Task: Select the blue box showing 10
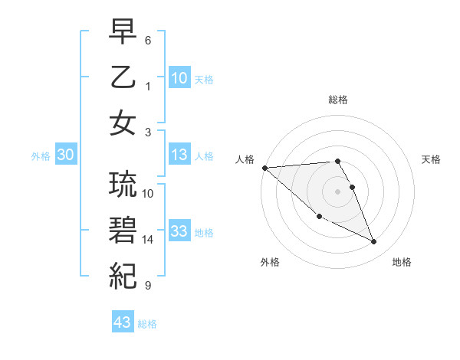tap(179, 77)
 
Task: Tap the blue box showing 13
tap(179, 155)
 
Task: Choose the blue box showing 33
tap(179, 232)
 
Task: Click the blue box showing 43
tap(123, 322)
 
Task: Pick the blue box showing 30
tap(65, 155)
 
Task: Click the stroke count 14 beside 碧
tap(148, 240)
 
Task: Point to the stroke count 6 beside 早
tap(148, 39)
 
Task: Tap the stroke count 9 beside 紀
tap(148, 286)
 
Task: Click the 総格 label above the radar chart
tap(337, 100)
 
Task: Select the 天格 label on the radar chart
tap(432, 159)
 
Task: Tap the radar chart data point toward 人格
tap(264, 168)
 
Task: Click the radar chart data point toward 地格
tap(374, 242)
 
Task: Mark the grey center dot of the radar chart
tap(337, 191)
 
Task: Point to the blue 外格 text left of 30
tap(41, 156)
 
